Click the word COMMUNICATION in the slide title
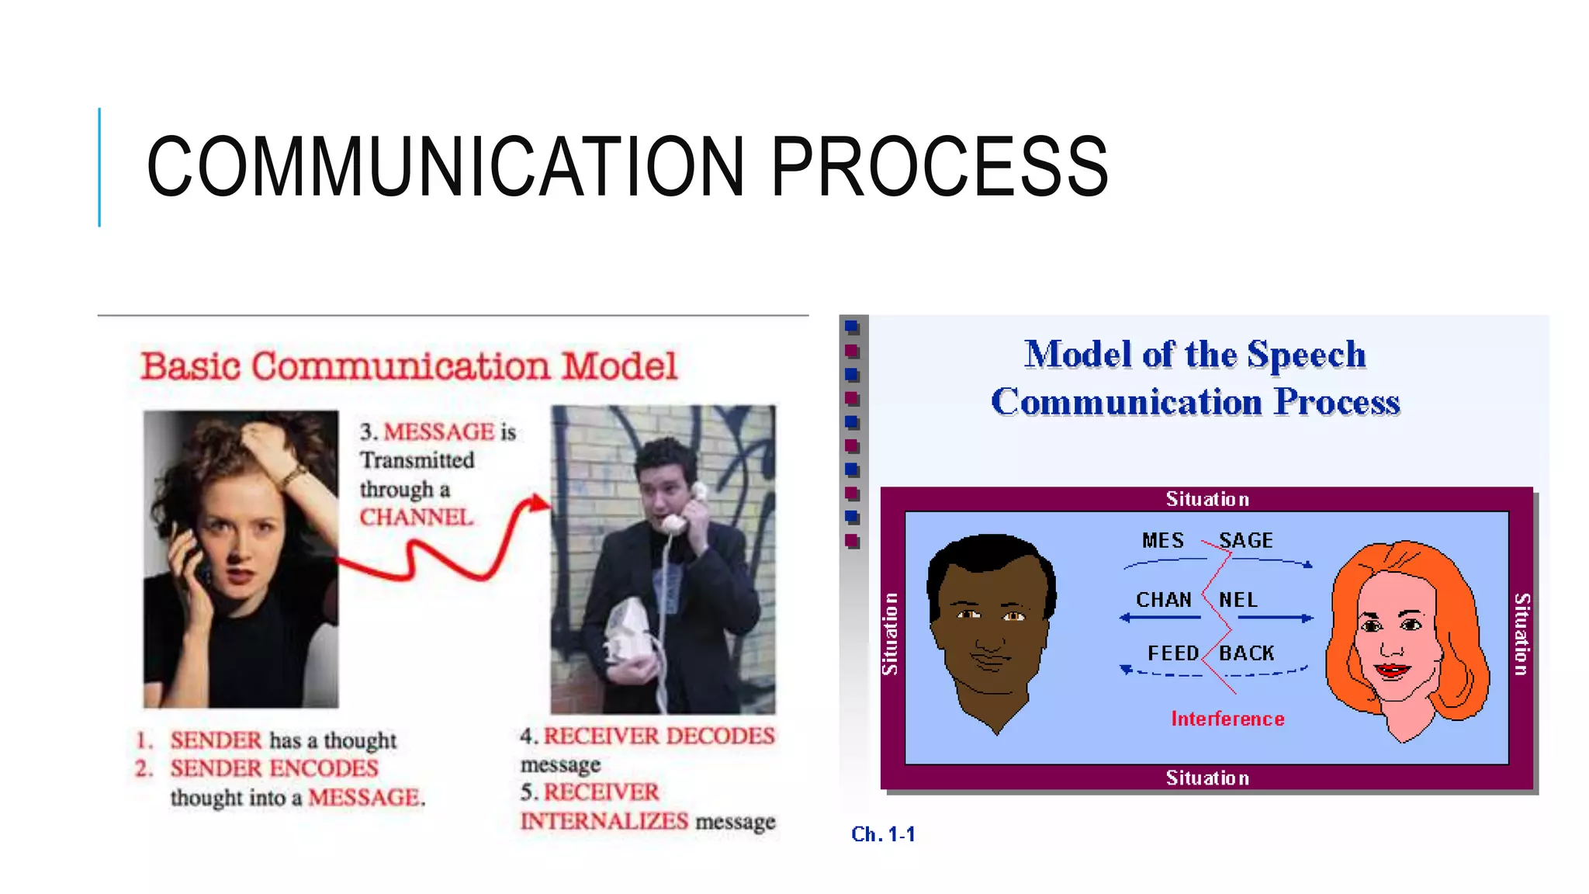point(446,166)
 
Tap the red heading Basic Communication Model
point(409,366)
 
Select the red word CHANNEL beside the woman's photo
point(415,518)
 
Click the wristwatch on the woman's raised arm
point(293,474)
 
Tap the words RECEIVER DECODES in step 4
point(659,736)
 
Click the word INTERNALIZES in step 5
point(604,821)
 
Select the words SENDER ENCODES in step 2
point(274,768)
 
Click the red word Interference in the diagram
point(1227,719)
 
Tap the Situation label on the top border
point(1207,499)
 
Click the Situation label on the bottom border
point(1207,778)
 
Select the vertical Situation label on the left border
point(890,633)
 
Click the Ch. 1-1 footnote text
point(883,834)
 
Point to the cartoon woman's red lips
point(1391,669)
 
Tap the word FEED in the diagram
point(1172,653)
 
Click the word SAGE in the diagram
point(1245,540)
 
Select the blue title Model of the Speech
point(1195,355)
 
